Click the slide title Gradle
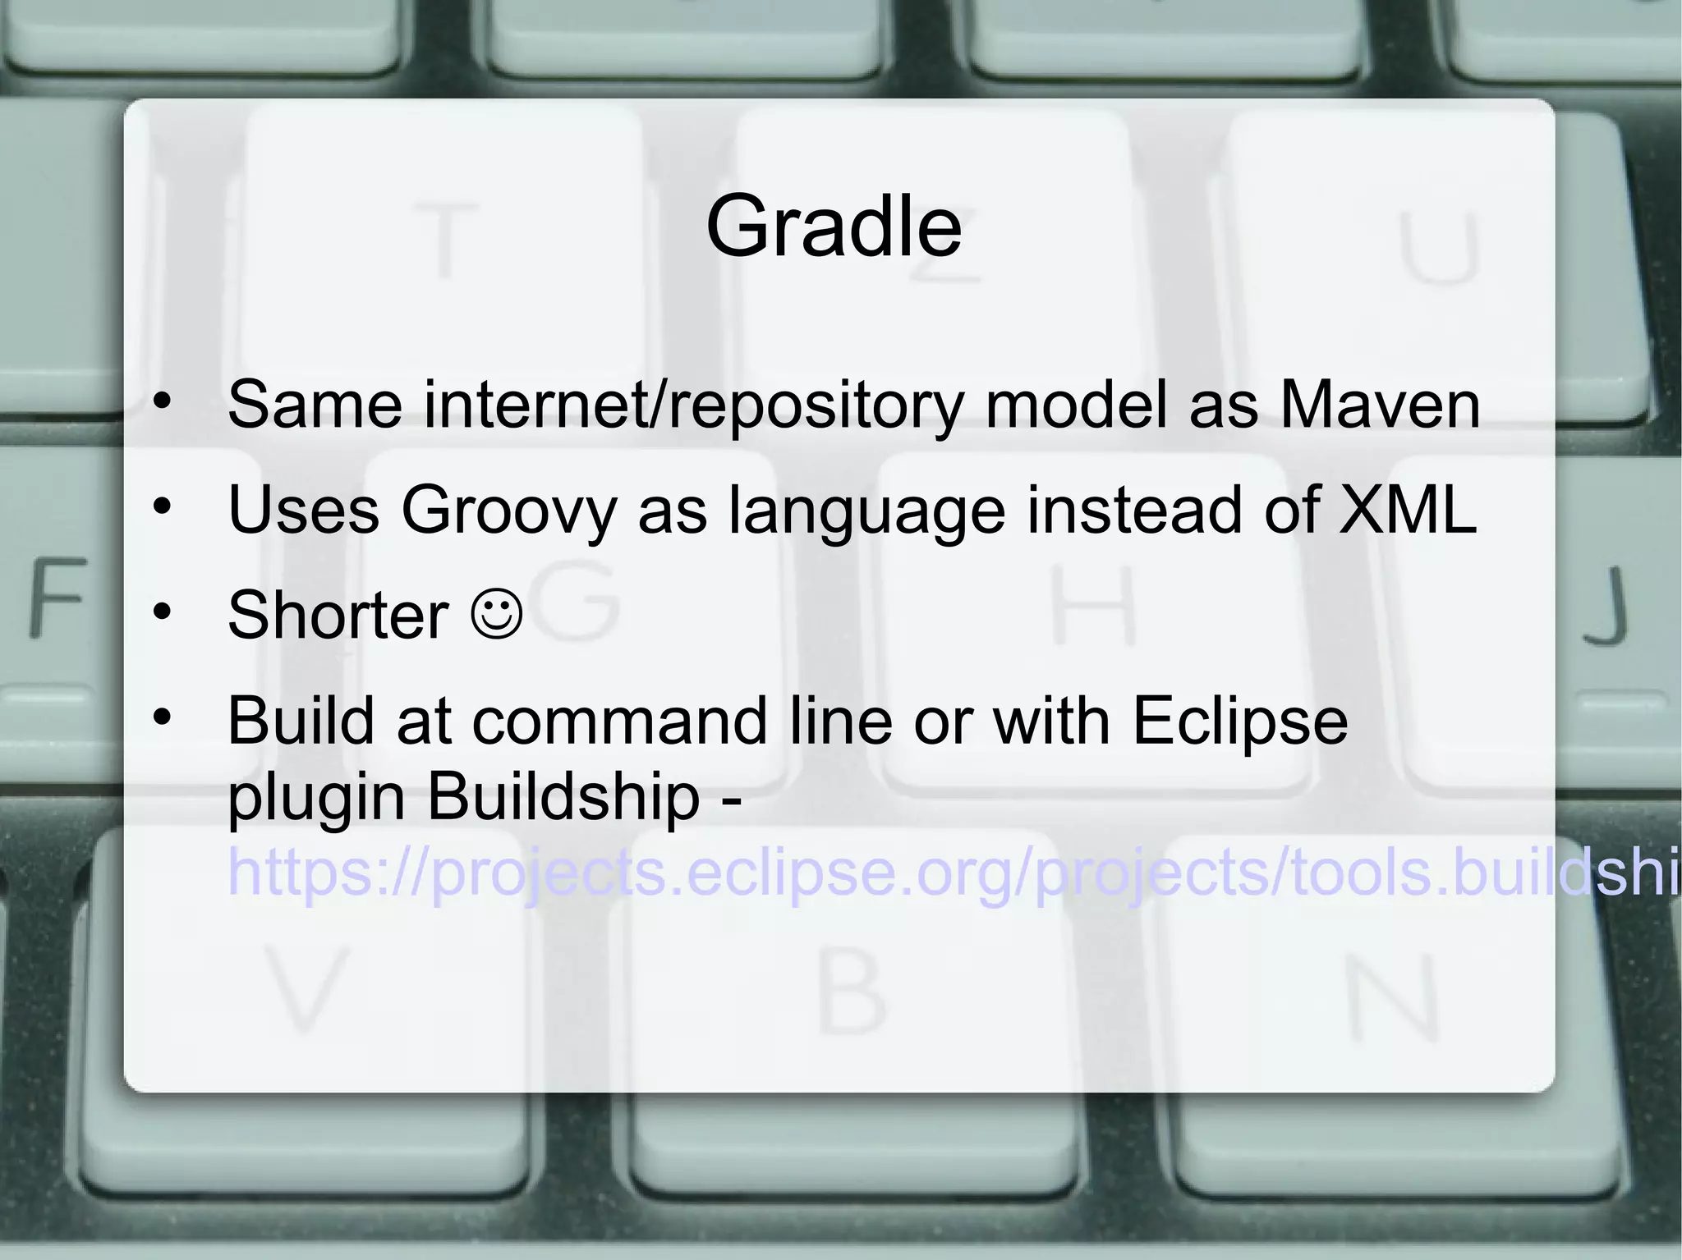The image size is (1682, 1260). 833,226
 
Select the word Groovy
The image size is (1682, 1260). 508,511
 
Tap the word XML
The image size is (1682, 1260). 1407,510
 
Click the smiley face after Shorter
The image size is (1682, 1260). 497,613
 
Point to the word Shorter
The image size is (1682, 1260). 338,615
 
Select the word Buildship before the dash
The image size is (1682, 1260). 563,796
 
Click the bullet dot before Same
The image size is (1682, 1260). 163,401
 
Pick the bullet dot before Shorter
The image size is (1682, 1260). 163,612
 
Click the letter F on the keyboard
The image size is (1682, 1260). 57,597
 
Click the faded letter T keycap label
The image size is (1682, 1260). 444,241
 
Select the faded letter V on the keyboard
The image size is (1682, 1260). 305,989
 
